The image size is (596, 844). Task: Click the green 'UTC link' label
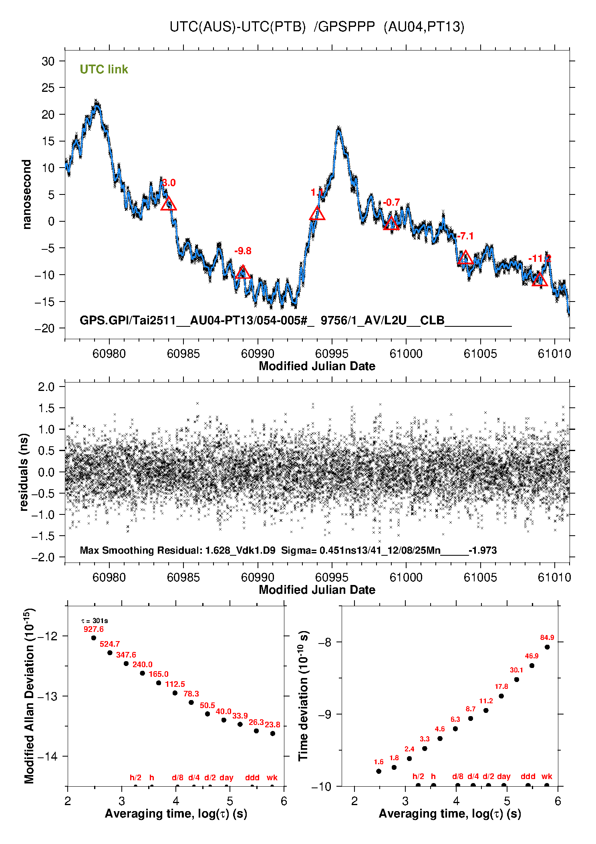point(104,69)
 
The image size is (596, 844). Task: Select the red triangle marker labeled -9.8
point(243,273)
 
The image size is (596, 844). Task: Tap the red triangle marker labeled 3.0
point(169,204)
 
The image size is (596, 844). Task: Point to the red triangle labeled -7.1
point(465,258)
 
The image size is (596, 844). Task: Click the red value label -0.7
point(391,202)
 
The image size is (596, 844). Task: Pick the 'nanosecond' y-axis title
point(27,194)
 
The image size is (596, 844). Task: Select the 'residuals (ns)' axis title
point(24,472)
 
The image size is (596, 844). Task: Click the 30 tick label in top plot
point(48,61)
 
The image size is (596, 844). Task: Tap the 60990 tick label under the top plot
point(258,354)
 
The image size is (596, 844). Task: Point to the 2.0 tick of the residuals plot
point(46,387)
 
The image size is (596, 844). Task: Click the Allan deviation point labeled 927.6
point(94,638)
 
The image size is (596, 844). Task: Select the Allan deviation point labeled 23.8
point(273,734)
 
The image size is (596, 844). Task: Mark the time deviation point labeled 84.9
point(547,647)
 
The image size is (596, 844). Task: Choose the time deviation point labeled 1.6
point(379,771)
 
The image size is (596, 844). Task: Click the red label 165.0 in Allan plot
point(159,674)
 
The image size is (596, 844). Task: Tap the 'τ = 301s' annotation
point(95,621)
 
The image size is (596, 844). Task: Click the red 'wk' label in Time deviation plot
point(547,777)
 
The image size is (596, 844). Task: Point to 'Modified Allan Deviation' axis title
point(29,696)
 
